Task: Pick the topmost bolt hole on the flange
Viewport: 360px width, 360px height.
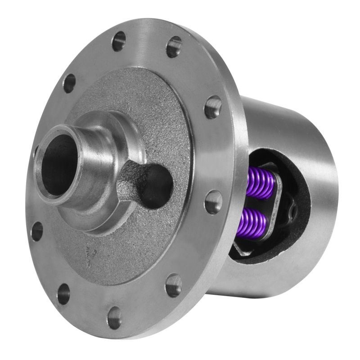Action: pos(118,42)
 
